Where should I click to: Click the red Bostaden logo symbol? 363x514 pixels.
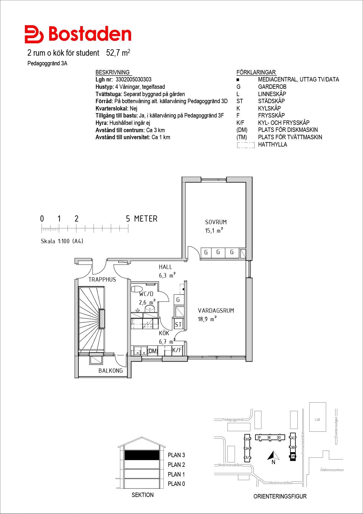click(x=34, y=34)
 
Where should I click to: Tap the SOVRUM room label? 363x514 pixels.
click(x=216, y=222)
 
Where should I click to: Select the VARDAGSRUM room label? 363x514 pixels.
click(x=216, y=311)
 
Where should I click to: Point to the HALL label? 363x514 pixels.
click(x=165, y=267)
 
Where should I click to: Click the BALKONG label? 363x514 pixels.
click(x=111, y=371)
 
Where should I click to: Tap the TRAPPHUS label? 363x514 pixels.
click(x=102, y=280)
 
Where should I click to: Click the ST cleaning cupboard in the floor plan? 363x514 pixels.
click(x=178, y=324)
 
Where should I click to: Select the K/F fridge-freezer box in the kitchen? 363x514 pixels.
click(x=177, y=350)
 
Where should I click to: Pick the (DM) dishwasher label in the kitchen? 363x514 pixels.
click(x=153, y=351)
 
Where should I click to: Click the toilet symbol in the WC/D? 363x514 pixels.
click(x=136, y=289)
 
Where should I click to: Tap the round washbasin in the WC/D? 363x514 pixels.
click(x=150, y=308)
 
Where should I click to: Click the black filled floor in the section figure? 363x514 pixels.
click(x=142, y=455)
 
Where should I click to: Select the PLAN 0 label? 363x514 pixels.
click(x=176, y=484)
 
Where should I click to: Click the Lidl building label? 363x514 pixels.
click(x=317, y=420)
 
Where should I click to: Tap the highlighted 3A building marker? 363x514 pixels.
click(x=293, y=456)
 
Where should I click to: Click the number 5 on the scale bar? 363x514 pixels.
click(x=128, y=219)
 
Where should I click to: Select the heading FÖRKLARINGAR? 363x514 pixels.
click(x=256, y=72)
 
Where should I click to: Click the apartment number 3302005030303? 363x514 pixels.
click(x=133, y=79)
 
